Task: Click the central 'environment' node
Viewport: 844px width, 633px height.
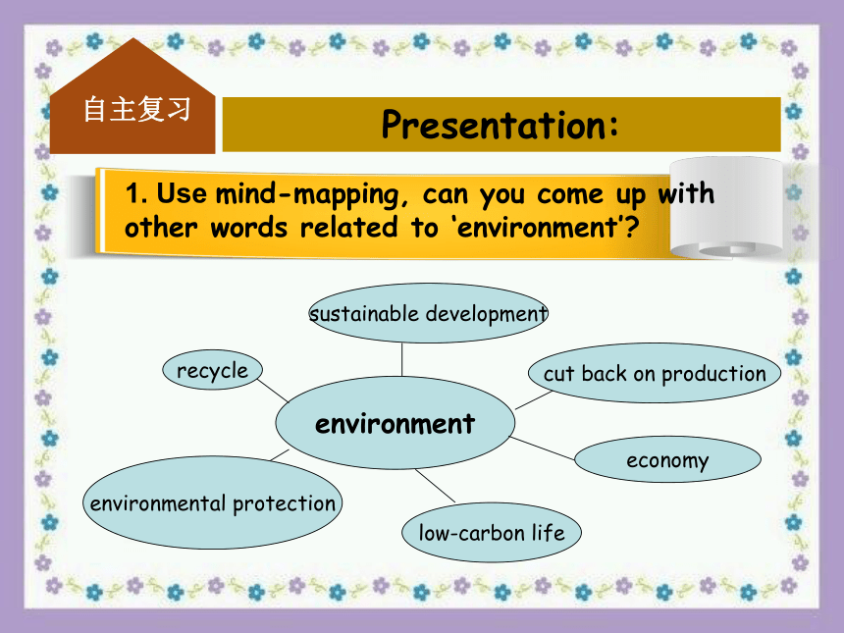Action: click(396, 423)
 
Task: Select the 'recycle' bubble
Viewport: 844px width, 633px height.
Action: click(213, 370)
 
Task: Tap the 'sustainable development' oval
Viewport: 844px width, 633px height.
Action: click(429, 313)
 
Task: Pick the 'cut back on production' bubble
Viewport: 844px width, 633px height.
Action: click(655, 373)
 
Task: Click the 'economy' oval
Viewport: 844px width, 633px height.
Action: click(667, 459)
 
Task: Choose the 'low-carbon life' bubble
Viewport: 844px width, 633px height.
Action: click(492, 532)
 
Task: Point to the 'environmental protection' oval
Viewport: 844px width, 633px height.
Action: click(213, 502)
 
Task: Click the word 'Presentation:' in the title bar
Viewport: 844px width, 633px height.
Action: click(501, 125)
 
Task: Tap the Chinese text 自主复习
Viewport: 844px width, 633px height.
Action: click(136, 109)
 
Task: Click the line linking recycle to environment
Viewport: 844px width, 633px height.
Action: click(273, 391)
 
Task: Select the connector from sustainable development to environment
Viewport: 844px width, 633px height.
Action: click(401, 359)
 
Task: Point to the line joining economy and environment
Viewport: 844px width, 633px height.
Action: click(542, 448)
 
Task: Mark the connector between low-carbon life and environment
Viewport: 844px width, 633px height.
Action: click(435, 486)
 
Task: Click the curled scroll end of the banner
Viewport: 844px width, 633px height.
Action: click(726, 208)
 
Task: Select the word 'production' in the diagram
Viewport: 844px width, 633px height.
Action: click(713, 375)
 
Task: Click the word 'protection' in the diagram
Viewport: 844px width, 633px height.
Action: click(285, 504)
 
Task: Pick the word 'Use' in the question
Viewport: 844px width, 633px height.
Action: click(182, 192)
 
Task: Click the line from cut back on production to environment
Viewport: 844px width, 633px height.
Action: click(534, 400)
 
